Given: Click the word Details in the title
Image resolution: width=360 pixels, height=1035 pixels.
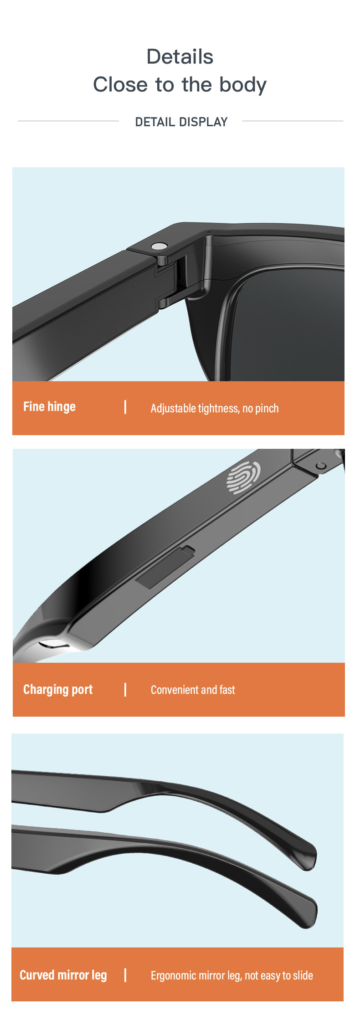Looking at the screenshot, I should tap(180, 57).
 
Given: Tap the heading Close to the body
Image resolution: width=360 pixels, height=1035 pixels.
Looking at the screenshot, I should tap(180, 85).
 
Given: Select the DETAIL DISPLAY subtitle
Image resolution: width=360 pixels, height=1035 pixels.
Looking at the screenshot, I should tap(181, 122).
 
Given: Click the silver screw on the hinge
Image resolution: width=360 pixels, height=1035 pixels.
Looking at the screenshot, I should tap(159, 246).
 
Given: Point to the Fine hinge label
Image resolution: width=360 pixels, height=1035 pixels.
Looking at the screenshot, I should tap(49, 407).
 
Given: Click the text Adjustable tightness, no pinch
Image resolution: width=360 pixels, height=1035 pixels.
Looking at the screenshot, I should tap(215, 409).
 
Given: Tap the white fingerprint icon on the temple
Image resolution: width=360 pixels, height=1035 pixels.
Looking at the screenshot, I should tap(243, 477).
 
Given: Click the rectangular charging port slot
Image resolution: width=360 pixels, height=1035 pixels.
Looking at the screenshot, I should tap(165, 567).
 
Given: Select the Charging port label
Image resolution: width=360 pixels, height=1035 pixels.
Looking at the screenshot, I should tap(58, 690).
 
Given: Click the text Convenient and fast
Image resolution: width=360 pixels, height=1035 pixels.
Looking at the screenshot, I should tap(193, 690).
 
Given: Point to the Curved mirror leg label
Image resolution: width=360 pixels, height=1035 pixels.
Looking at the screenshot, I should tap(63, 975).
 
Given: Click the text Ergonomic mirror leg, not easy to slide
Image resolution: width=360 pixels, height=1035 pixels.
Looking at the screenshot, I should tap(232, 976).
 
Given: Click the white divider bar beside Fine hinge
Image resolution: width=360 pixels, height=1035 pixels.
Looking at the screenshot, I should tap(125, 407).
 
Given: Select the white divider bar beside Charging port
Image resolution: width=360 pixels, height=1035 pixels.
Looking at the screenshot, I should tap(125, 690).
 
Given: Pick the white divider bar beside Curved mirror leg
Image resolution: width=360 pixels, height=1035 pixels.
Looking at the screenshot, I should tap(125, 975).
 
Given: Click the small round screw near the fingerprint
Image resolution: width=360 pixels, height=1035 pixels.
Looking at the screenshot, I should tap(321, 466).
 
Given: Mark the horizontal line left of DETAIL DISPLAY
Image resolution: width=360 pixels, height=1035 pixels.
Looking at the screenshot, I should tap(68, 121).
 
